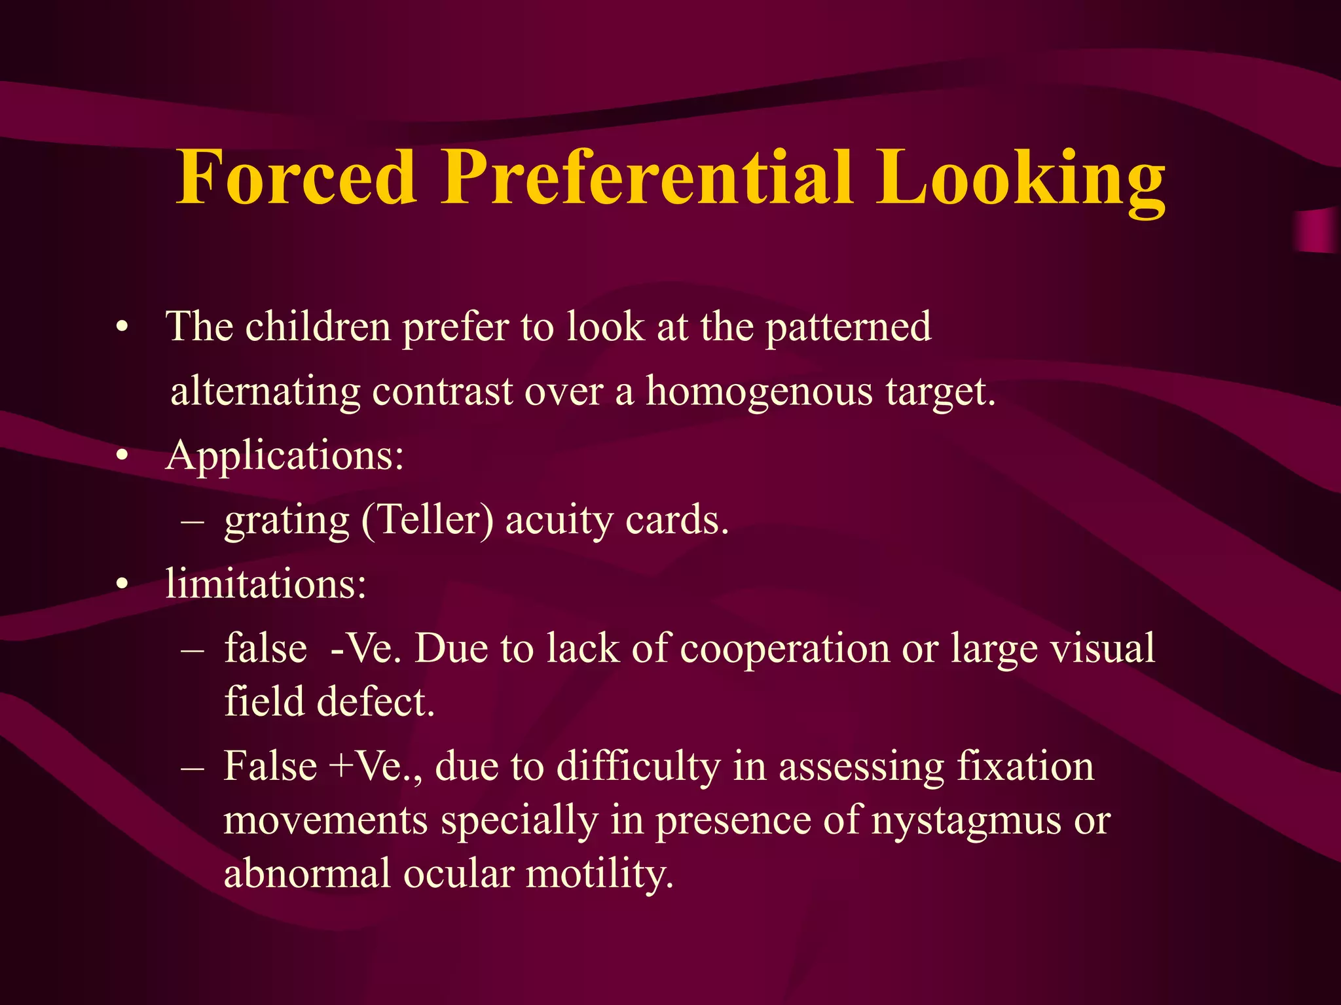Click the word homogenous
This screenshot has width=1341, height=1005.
click(x=760, y=392)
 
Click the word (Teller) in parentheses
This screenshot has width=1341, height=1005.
click(x=427, y=521)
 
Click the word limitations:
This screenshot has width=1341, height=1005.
click(x=266, y=583)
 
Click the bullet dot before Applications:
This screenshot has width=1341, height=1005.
click(x=121, y=457)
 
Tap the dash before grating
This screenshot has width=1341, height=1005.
click(x=193, y=522)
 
